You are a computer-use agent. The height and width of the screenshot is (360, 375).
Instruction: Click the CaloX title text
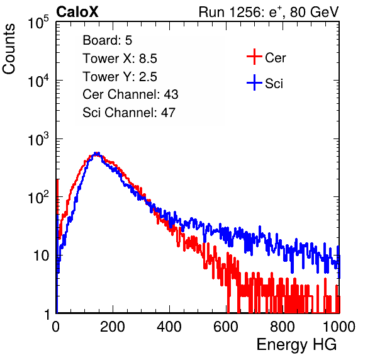77,12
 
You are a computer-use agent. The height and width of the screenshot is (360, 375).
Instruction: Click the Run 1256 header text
269,12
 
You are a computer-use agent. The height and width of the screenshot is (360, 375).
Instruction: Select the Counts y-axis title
9,49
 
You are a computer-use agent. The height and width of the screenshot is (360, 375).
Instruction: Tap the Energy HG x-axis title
296,345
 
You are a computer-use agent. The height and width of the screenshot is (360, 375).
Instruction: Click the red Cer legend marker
254,57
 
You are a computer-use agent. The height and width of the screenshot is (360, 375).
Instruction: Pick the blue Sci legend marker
254,82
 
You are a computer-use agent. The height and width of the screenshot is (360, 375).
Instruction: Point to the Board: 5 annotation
108,40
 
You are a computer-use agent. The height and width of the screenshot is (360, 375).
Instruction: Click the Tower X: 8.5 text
120,59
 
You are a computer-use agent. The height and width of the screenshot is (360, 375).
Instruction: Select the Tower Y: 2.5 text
120,77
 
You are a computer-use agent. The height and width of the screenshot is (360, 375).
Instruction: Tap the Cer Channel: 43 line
130,94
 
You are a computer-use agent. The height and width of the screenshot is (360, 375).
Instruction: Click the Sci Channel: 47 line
129,113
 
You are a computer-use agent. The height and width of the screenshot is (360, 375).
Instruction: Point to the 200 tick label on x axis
113,327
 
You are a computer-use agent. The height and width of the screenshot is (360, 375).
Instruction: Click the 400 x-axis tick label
169,327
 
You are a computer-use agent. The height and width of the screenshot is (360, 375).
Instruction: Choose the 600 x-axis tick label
226,327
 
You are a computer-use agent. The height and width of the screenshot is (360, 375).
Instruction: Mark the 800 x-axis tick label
283,327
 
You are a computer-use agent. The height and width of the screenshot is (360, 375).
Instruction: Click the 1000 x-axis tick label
339,327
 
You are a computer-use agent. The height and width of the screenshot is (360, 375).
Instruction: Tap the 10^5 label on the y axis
38,23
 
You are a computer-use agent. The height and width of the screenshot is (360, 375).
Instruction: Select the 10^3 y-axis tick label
38,139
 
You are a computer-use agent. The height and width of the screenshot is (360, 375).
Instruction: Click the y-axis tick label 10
41,256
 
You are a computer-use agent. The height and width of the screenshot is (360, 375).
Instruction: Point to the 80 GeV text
315,12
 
